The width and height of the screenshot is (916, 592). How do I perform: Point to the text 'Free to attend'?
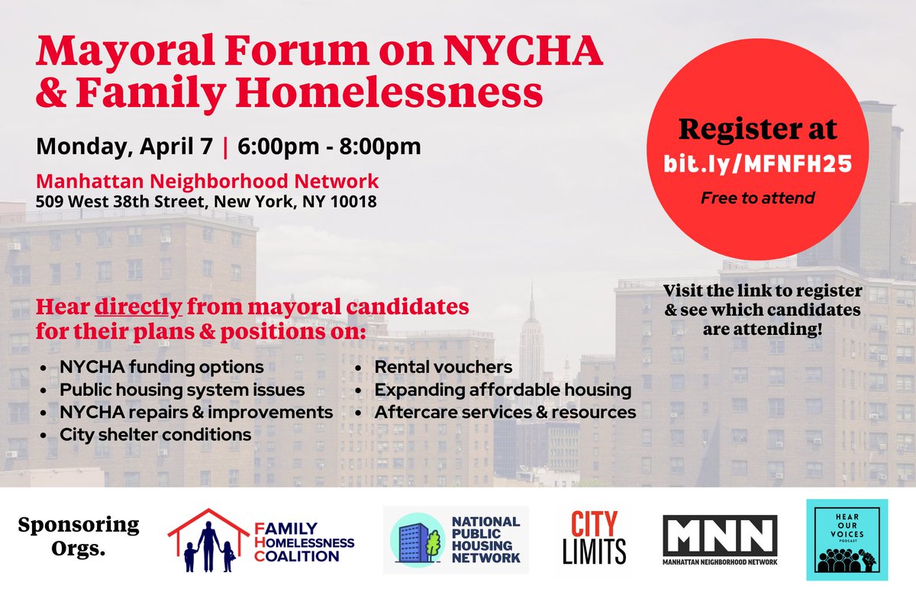(758, 198)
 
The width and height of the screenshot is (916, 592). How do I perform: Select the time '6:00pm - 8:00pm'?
(329, 146)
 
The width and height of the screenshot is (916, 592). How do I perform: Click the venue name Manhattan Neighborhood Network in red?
(208, 182)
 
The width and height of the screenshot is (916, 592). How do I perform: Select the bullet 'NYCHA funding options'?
(162, 367)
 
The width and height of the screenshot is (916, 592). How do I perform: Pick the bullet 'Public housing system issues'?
(182, 390)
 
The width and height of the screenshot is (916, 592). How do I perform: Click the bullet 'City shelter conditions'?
(156, 435)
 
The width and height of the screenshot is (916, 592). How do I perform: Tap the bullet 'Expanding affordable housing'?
(502, 390)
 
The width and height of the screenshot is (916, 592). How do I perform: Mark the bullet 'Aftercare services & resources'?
(505, 412)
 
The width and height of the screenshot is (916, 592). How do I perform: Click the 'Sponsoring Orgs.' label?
(78, 536)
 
